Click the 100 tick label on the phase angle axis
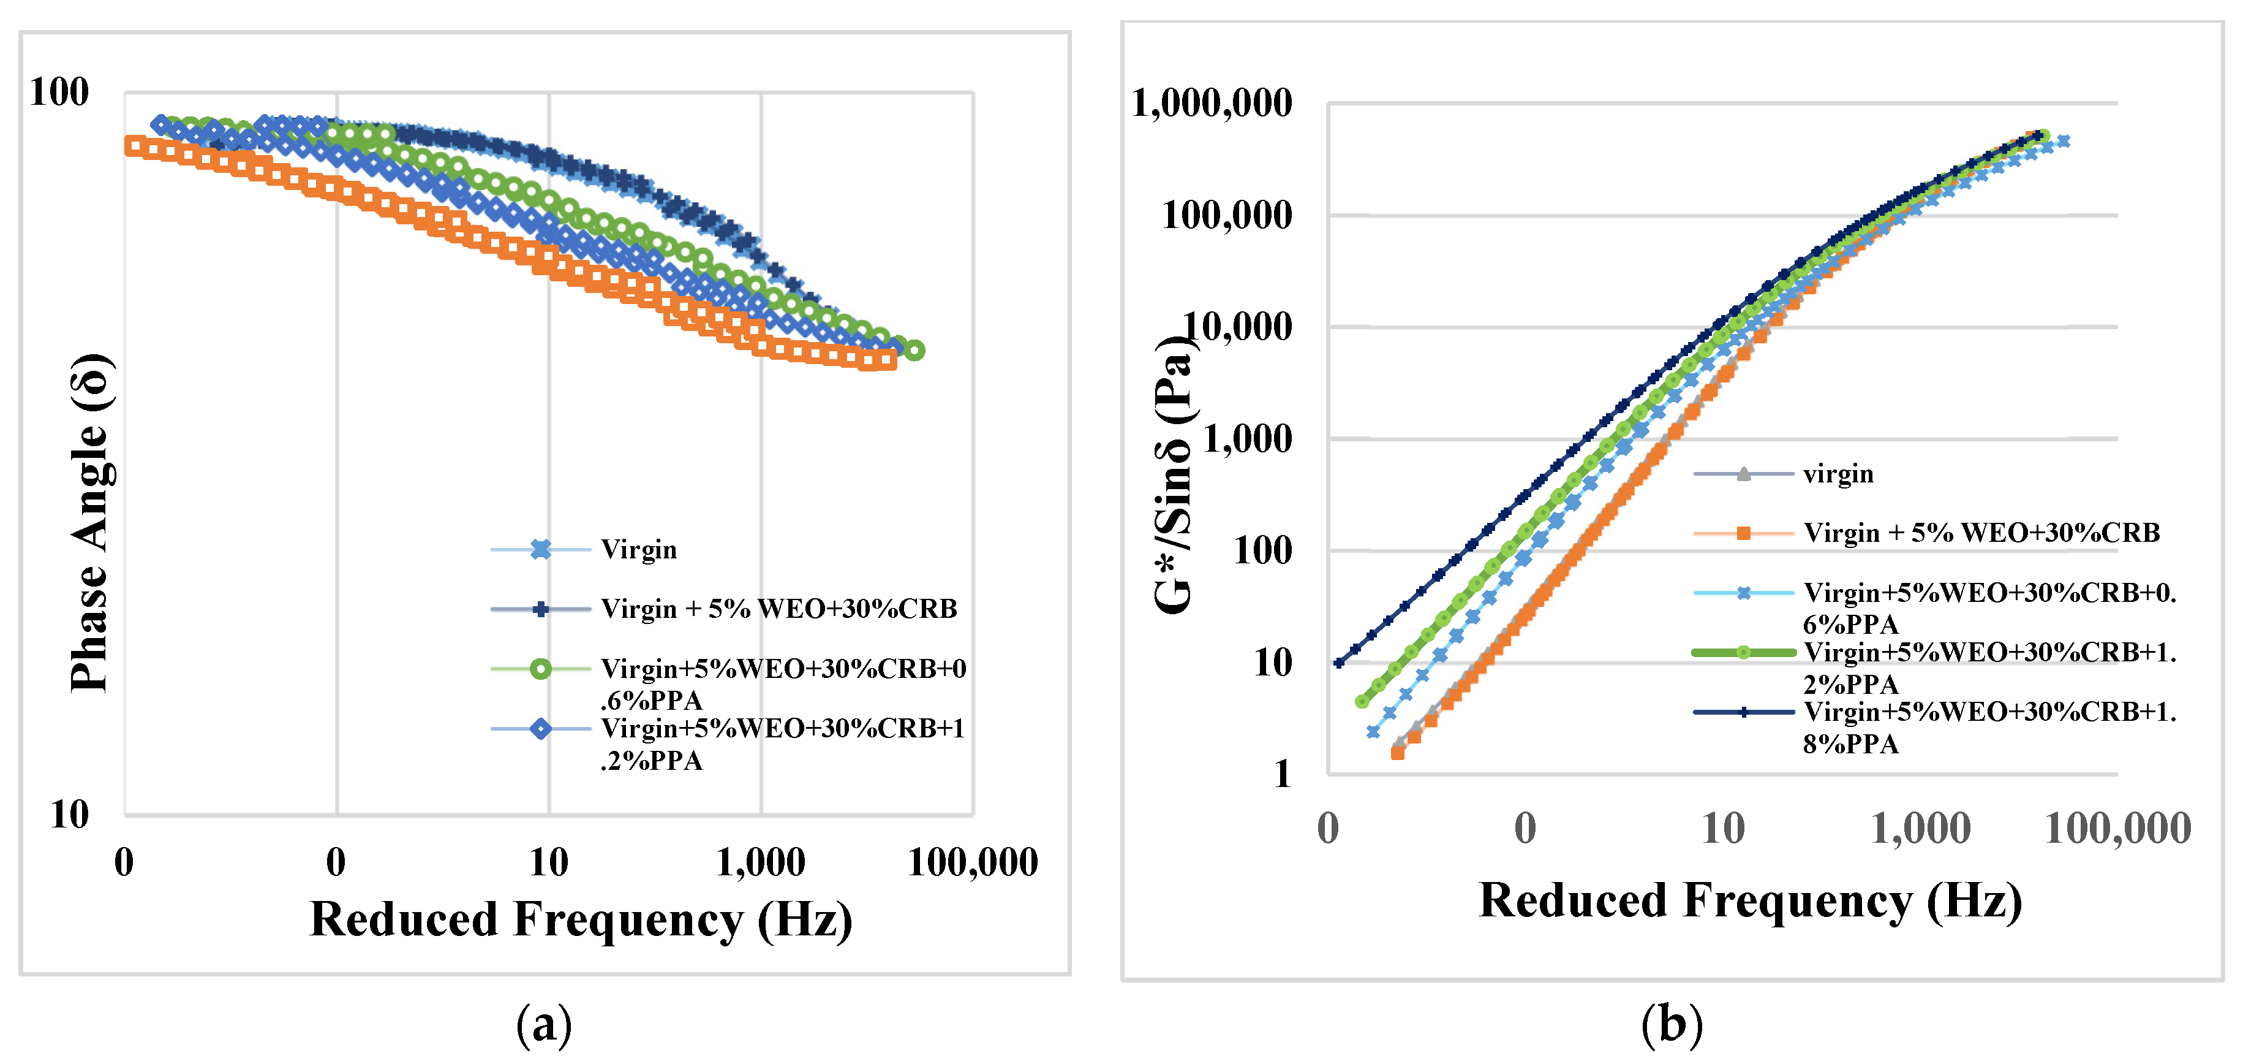(59, 93)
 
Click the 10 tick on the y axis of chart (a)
(70, 815)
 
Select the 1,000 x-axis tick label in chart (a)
(760, 863)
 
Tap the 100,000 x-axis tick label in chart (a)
(973, 863)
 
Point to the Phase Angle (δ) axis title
(91, 523)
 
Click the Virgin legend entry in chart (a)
(638, 550)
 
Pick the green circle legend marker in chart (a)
(541, 669)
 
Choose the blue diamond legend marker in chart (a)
(541, 728)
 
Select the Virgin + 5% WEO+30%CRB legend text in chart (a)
(778, 609)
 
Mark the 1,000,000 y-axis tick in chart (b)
(1211, 104)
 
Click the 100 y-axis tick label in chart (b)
(1262, 550)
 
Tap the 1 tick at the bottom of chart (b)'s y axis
(1282, 774)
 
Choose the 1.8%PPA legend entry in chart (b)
(1989, 728)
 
